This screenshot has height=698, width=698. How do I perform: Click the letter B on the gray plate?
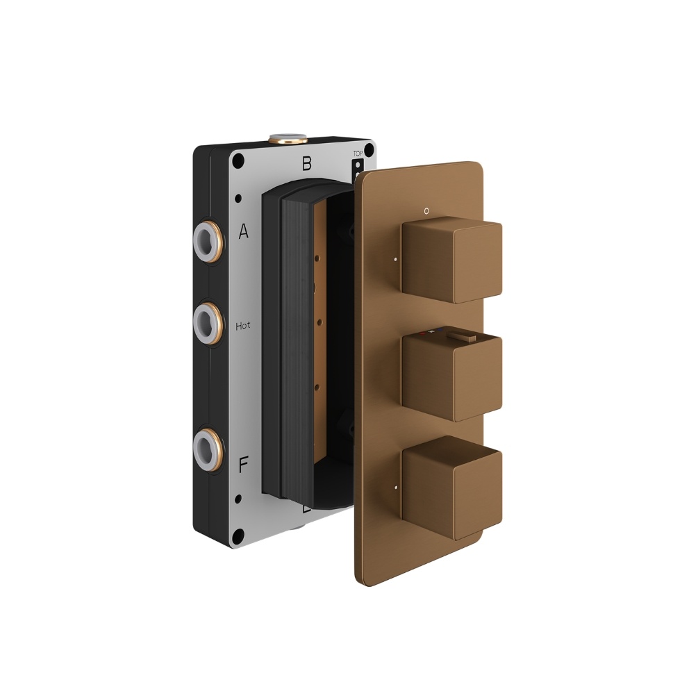pos(306,165)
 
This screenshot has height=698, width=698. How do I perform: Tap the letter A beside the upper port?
pos(243,232)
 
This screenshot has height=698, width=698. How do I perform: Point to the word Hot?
pos(243,325)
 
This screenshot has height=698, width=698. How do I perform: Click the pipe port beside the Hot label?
pos(209,320)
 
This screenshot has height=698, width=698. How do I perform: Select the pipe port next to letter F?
pos(209,445)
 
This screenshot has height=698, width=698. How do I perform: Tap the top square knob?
pos(451,263)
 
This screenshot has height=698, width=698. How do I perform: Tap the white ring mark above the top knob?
pos(427,208)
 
